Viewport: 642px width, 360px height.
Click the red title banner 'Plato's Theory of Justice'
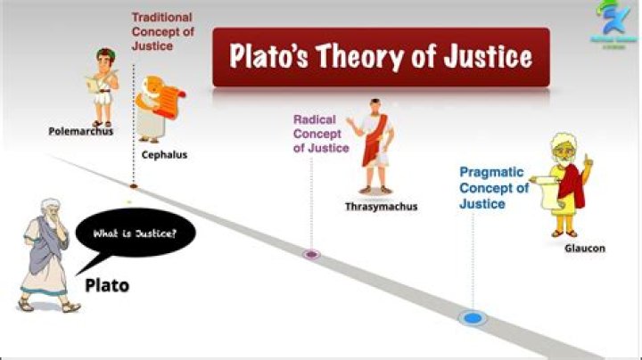(x=381, y=57)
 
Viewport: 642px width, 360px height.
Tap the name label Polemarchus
(x=81, y=132)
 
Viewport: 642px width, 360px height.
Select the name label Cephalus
(x=164, y=154)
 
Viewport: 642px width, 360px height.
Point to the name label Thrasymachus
(x=381, y=206)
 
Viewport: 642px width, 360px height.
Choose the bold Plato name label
(x=107, y=286)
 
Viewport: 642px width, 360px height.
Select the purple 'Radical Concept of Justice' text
(x=321, y=133)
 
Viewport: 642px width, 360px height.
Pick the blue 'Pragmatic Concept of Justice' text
(x=494, y=188)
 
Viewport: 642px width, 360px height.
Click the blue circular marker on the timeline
(x=472, y=317)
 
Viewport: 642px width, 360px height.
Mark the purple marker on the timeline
(x=310, y=254)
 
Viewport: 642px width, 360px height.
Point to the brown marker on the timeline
(x=134, y=186)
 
